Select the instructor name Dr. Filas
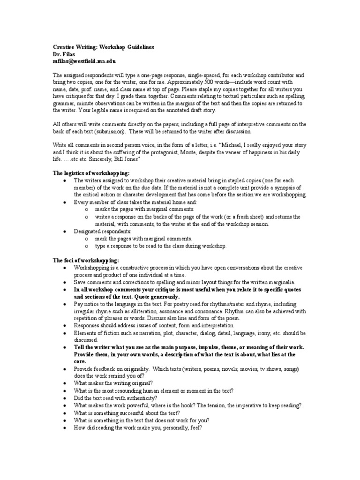(64, 54)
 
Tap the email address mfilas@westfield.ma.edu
(84, 61)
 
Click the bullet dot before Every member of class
(64, 202)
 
